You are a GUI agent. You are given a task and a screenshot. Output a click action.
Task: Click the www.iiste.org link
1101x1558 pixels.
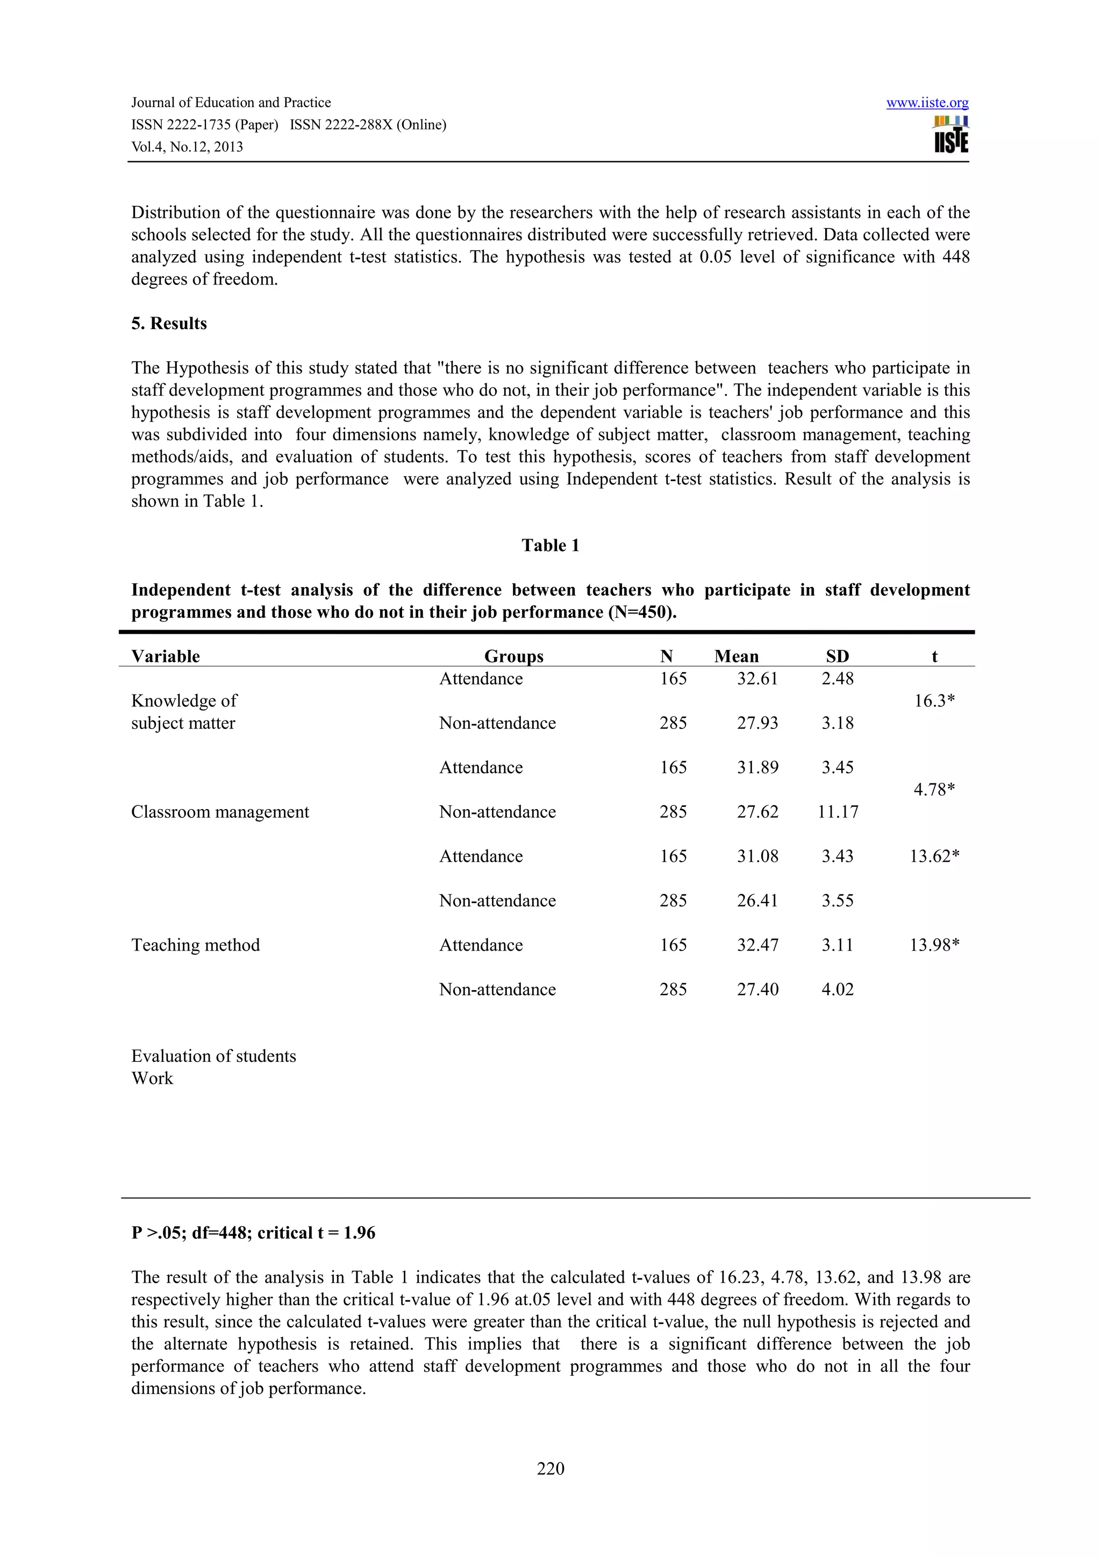(927, 103)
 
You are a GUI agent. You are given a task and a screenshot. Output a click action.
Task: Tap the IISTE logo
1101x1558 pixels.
(951, 134)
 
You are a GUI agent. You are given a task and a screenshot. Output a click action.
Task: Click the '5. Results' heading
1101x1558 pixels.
(169, 324)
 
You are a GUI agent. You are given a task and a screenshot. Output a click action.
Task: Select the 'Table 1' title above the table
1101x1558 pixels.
(550, 546)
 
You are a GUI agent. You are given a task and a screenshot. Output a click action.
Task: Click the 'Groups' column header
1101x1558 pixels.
(513, 656)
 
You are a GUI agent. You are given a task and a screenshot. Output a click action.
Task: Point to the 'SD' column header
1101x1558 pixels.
(837, 656)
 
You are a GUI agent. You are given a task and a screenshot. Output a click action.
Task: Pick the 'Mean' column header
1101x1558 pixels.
(736, 656)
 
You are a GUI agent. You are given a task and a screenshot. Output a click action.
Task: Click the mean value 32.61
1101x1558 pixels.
(757, 678)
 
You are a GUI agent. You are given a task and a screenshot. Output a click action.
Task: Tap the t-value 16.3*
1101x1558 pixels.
(934, 701)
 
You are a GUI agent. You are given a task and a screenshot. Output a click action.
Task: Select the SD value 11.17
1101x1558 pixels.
(838, 812)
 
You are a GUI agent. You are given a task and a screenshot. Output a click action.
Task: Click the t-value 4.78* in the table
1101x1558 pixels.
(934, 790)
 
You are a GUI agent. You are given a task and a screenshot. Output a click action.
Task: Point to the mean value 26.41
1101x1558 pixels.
(757, 901)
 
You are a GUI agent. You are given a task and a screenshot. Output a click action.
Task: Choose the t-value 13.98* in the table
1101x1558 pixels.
(934, 945)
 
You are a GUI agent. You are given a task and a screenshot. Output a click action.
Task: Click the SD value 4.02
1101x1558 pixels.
(837, 989)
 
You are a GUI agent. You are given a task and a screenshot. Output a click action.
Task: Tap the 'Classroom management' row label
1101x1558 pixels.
(220, 812)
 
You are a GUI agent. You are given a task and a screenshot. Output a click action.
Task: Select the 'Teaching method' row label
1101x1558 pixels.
(195, 945)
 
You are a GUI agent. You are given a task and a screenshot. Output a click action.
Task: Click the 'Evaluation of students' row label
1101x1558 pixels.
(213, 1056)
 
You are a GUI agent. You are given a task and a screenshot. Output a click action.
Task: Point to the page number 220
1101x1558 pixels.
(550, 1469)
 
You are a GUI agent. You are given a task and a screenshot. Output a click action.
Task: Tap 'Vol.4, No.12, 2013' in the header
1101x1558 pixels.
(187, 147)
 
